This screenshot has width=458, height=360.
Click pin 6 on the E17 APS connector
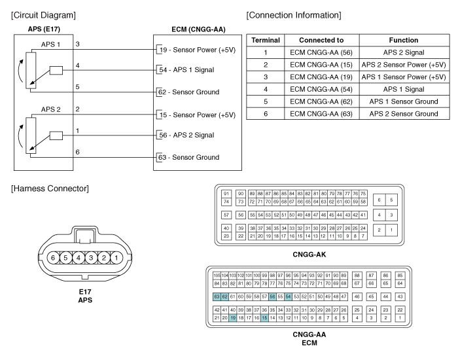click(53, 258)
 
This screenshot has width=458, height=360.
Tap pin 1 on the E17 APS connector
click(116, 258)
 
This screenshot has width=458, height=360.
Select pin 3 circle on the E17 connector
click(91, 258)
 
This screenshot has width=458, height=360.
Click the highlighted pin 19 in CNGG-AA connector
click(232, 318)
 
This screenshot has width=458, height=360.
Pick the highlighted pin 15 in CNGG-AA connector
click(264, 318)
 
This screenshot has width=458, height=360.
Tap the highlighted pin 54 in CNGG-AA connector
click(289, 297)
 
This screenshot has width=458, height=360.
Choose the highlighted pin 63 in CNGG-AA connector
click(217, 297)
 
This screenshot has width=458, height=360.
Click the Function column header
click(404, 40)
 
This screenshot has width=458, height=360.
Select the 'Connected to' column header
click(321, 40)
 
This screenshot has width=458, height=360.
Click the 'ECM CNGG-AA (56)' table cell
click(321, 52)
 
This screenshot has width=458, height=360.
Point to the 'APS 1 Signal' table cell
click(404, 89)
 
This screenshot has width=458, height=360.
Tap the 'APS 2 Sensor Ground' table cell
click(404, 114)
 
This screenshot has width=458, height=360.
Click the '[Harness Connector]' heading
click(50, 189)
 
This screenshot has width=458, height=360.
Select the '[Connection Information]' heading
click(294, 15)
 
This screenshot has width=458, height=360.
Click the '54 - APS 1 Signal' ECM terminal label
click(186, 70)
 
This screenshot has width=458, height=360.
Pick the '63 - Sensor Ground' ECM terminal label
click(188, 157)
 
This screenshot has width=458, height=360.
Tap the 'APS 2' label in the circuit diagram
click(50, 109)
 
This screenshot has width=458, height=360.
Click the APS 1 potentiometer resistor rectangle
click(31, 70)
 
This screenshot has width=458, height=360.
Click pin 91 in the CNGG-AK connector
click(226, 194)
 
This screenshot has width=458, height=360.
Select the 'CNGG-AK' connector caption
click(309, 255)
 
